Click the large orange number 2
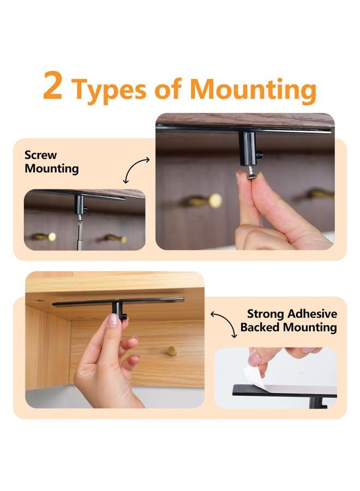[x=52, y=85]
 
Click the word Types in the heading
[x=109, y=91]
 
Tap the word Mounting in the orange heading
[x=253, y=91]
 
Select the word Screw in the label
[x=41, y=155]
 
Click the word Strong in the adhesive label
[x=266, y=314]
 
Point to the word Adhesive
[x=313, y=314]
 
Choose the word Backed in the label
[x=260, y=327]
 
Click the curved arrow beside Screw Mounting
[x=136, y=170]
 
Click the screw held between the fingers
[x=251, y=172]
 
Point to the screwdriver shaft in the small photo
[x=80, y=233]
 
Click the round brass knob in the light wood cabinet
[x=172, y=351]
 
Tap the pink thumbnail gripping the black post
[x=113, y=320]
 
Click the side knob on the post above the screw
[x=259, y=155]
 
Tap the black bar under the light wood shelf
[x=118, y=301]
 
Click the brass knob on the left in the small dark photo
[x=45, y=237]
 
